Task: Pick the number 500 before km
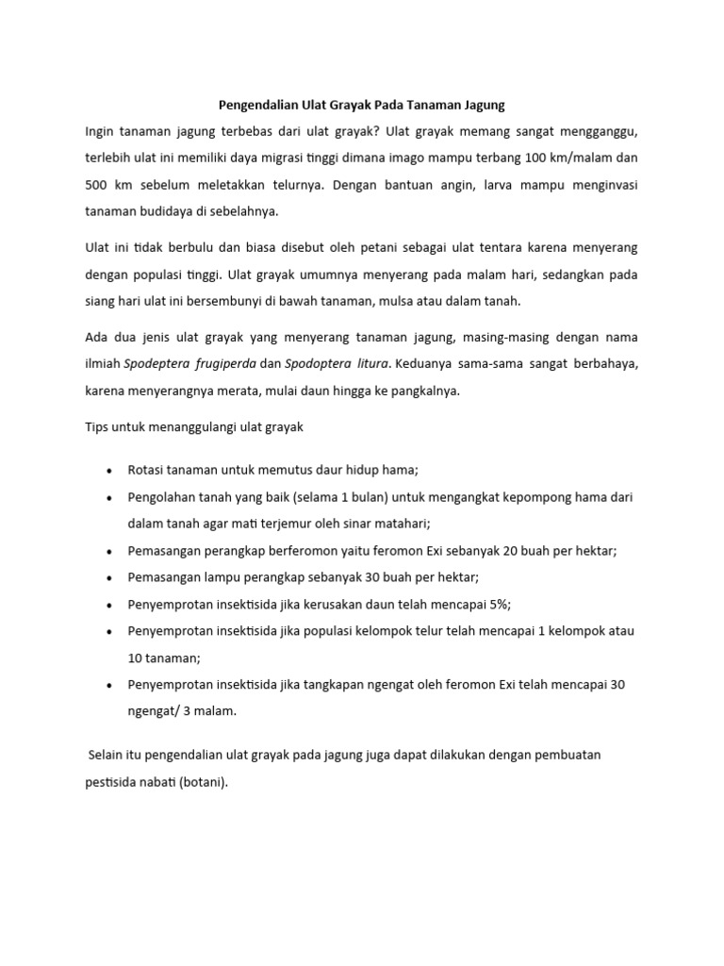(97, 185)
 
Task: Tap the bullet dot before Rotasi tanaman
(110, 470)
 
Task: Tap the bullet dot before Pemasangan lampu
(110, 577)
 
